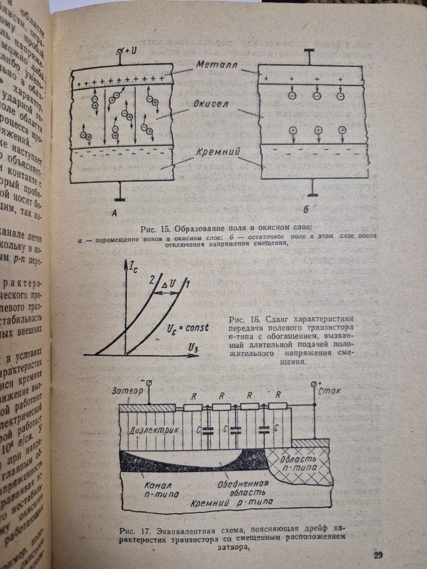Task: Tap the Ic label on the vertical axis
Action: click(x=134, y=269)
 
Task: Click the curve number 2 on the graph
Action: click(x=151, y=280)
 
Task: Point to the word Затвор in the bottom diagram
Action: click(x=125, y=390)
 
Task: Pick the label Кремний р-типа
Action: click(x=232, y=503)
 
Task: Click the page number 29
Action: click(x=378, y=555)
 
